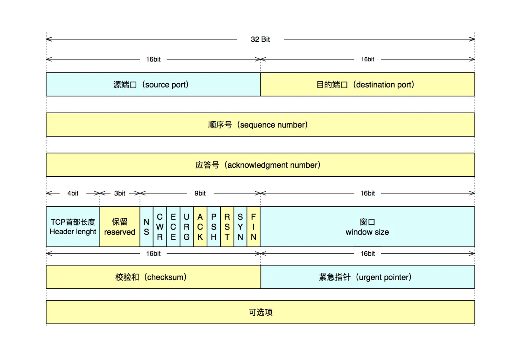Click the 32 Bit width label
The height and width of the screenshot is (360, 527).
(x=260, y=39)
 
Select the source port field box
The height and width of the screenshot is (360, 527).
(x=153, y=84)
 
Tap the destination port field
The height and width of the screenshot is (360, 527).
(x=367, y=84)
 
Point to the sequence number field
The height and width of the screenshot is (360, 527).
(x=260, y=125)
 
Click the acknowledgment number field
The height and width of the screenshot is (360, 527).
(x=260, y=165)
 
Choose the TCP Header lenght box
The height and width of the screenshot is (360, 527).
(x=73, y=227)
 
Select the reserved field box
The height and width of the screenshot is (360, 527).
(x=119, y=227)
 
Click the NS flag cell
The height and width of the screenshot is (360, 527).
(x=147, y=227)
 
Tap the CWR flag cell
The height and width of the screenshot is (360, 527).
(x=160, y=227)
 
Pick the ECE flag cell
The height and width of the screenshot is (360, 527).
(x=173, y=227)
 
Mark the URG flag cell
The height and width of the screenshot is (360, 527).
(x=187, y=227)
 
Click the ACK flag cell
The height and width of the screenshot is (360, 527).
(x=200, y=227)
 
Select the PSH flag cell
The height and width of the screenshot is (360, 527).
(x=214, y=227)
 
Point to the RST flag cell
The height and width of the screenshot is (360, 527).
(x=227, y=227)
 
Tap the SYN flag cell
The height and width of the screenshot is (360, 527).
(x=240, y=227)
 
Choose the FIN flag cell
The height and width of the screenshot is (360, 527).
(x=253, y=227)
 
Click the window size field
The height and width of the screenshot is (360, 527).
(x=367, y=227)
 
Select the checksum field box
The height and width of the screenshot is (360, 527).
(x=153, y=277)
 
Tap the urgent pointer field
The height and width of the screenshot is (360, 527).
(x=367, y=277)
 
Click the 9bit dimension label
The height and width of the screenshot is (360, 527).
(x=200, y=193)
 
